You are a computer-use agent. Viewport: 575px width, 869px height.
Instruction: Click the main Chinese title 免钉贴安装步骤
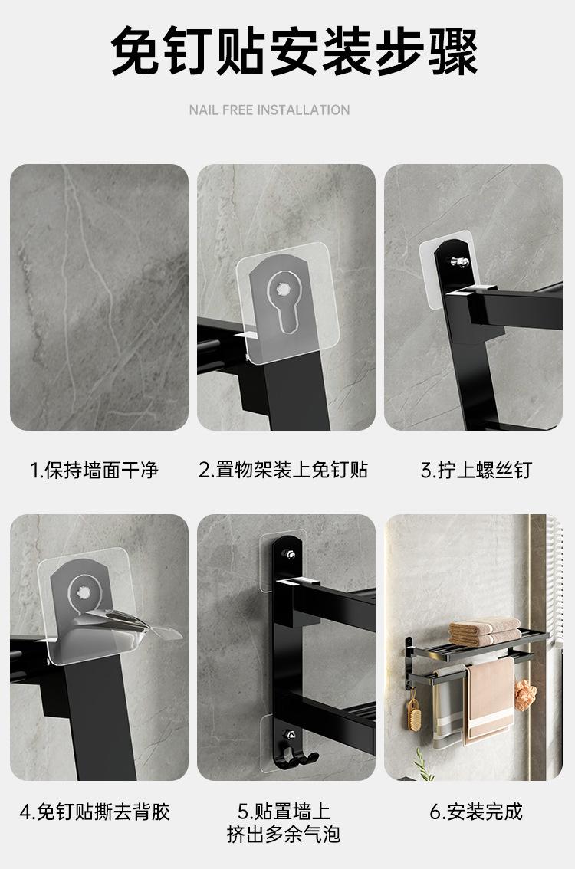294,51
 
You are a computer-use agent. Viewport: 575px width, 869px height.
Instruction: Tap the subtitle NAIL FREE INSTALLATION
269,110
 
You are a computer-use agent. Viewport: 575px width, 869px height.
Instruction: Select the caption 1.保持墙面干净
94,470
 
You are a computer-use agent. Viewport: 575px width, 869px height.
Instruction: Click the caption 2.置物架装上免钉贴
283,470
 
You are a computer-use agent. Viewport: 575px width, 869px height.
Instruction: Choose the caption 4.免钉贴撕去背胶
94,812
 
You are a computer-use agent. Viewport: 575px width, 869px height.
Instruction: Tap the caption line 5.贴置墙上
283,812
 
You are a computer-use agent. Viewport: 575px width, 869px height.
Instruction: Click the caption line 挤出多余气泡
283,834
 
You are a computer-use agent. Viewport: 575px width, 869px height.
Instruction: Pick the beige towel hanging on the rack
489,697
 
